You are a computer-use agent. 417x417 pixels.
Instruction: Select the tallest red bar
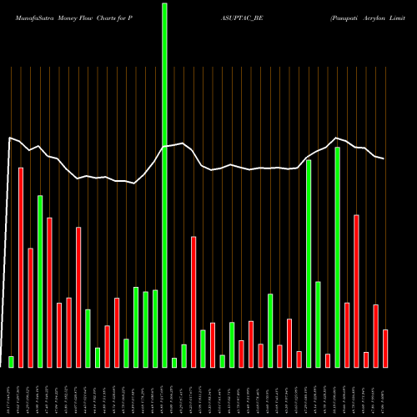pyautogui.click(x=21, y=267)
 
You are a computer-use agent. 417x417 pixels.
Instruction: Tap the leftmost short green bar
pyautogui.click(x=11, y=361)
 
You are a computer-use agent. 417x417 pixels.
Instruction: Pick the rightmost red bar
pyautogui.click(x=385, y=348)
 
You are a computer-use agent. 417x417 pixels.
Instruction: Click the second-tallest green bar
pyautogui.click(x=338, y=257)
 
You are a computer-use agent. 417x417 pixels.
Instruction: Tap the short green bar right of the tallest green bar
pyautogui.click(x=174, y=362)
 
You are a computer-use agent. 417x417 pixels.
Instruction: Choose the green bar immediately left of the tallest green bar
pyautogui.click(x=155, y=328)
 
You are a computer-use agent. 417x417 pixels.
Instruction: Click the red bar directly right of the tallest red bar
pyautogui.click(x=30, y=307)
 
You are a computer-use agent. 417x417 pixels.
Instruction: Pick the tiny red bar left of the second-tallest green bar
pyautogui.click(x=328, y=360)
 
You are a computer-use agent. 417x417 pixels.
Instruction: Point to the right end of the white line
pyautogui.click(x=384, y=158)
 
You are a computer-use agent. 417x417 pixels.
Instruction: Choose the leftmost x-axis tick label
pyautogui.click(x=11, y=392)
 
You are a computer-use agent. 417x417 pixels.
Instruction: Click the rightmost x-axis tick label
pyautogui.click(x=385, y=392)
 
